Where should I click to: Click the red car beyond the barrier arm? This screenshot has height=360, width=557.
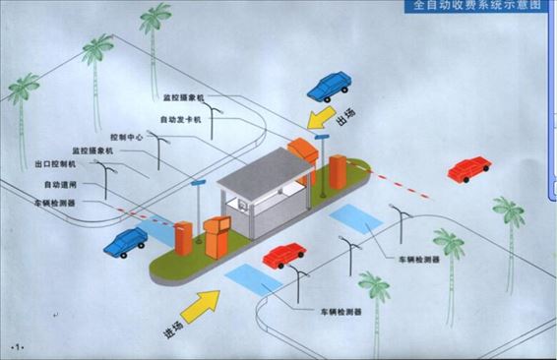click(x=469, y=169)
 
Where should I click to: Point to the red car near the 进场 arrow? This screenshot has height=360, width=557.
click(x=283, y=255)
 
